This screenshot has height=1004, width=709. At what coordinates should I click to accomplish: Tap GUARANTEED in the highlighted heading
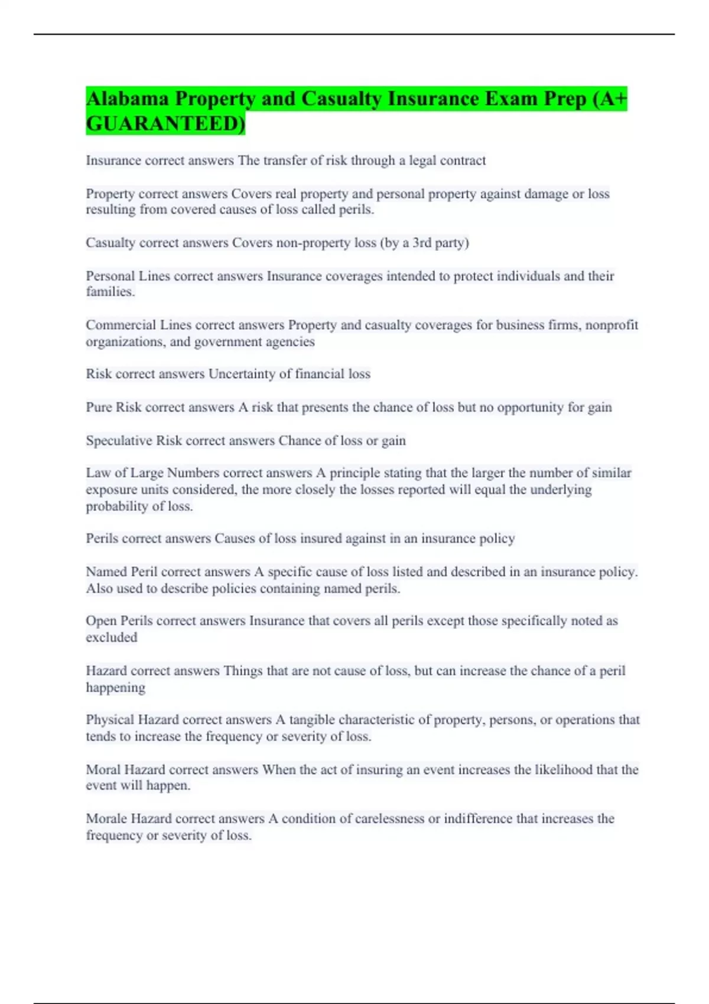(165, 124)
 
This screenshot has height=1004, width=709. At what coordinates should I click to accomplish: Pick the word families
(110, 292)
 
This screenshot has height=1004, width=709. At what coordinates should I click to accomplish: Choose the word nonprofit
(612, 325)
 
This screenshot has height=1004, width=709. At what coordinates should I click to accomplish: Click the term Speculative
(119, 441)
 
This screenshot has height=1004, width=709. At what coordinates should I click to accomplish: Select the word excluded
(111, 637)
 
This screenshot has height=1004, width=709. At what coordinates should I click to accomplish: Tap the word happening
(115, 687)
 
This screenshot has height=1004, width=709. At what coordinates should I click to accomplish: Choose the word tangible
(311, 720)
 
